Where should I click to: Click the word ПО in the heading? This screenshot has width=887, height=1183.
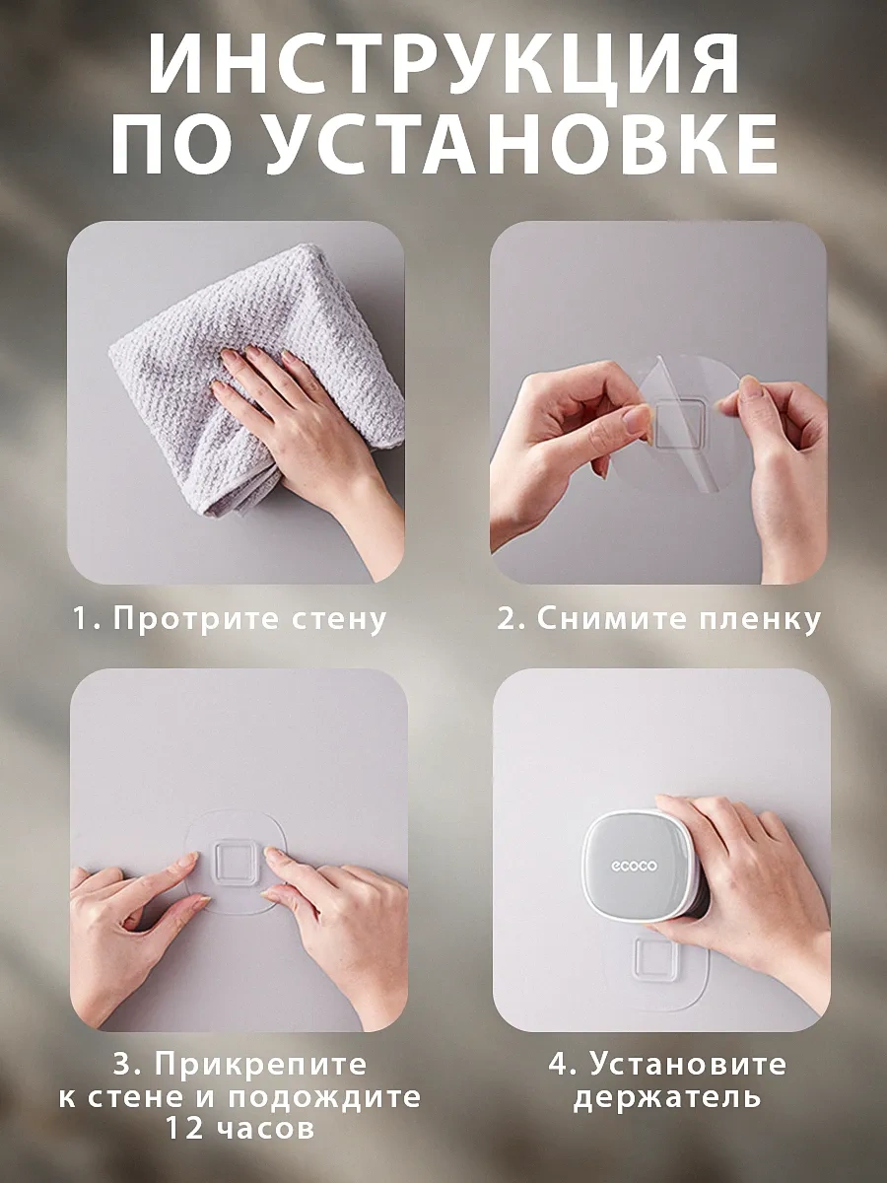point(173,145)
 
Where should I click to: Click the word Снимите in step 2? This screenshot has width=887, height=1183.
point(611,619)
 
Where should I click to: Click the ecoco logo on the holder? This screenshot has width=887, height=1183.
point(634,881)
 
